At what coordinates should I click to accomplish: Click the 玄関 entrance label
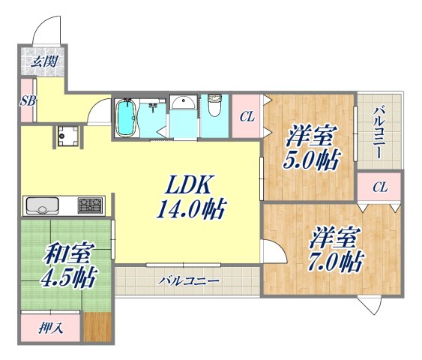(43, 61)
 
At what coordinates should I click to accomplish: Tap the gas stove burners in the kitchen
(91, 204)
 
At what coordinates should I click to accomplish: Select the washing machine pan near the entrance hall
(71, 136)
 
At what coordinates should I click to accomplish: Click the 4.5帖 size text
(67, 279)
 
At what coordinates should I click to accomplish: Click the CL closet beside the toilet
(245, 115)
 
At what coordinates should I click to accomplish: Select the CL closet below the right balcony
(379, 186)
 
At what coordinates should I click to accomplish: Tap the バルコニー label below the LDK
(188, 281)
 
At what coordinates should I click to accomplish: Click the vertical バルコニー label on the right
(379, 131)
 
